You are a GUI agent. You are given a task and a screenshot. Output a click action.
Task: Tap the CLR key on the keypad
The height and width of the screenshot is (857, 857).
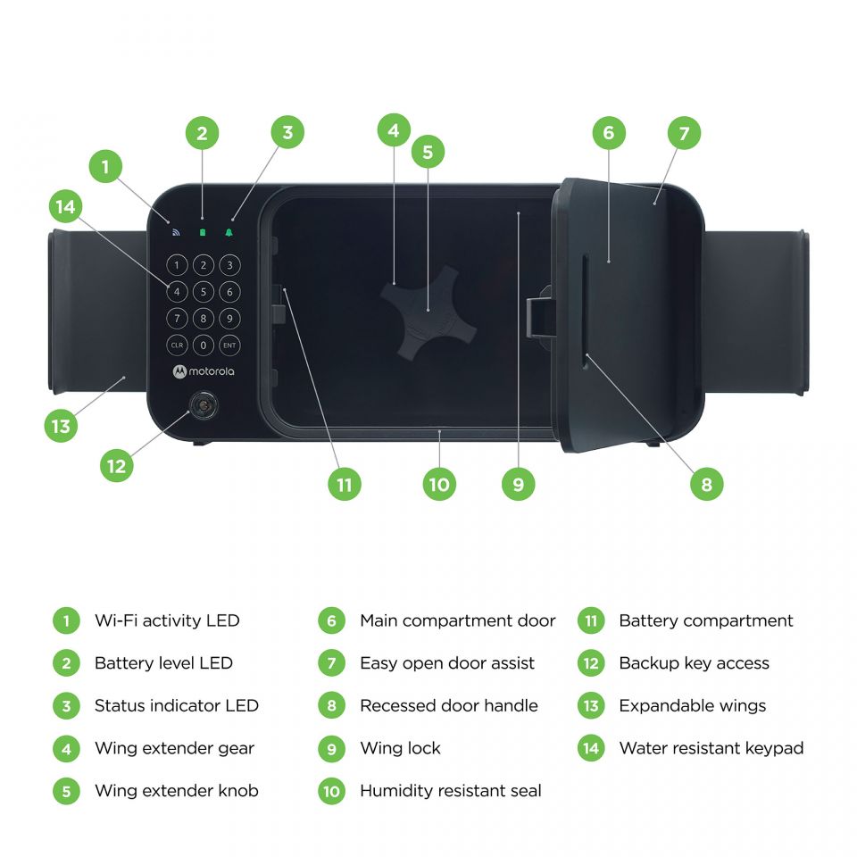click(x=177, y=345)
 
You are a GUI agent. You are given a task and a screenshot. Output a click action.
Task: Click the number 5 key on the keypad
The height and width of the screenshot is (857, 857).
click(x=204, y=292)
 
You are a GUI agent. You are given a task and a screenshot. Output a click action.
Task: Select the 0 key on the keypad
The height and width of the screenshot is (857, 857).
click(x=204, y=345)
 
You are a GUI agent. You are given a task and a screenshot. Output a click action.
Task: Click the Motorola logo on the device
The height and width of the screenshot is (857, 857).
click(x=204, y=371)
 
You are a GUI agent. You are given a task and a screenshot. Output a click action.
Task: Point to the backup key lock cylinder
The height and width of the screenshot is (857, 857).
click(x=204, y=405)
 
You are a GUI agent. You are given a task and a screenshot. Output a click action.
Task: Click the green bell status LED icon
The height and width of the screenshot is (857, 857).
click(x=229, y=233)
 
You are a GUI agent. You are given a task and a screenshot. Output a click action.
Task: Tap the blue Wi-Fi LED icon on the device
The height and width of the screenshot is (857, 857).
click(x=176, y=233)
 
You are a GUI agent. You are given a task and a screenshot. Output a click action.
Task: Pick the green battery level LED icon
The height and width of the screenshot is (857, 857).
click(x=203, y=233)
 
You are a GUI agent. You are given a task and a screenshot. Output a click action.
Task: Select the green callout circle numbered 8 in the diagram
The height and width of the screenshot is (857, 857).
click(x=707, y=484)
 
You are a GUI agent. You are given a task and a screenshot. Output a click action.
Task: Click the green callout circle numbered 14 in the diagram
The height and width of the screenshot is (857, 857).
click(x=65, y=206)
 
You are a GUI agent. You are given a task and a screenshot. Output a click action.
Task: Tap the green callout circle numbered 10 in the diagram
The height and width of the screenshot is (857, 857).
click(x=439, y=484)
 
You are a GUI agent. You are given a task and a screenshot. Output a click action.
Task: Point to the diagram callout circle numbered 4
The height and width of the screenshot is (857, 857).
click(x=394, y=130)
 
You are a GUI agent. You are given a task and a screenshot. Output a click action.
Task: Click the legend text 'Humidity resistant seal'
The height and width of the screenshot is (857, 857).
click(x=450, y=790)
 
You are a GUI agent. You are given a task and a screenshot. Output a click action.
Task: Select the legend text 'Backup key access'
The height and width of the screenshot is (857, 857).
click(x=695, y=663)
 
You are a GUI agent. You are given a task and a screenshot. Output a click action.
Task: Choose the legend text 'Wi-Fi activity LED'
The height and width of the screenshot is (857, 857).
click(x=167, y=620)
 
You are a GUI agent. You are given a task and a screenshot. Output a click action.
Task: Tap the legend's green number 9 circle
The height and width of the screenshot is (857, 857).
click(x=332, y=748)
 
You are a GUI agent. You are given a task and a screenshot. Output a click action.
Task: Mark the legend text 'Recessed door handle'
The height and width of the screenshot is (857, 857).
click(x=449, y=705)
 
